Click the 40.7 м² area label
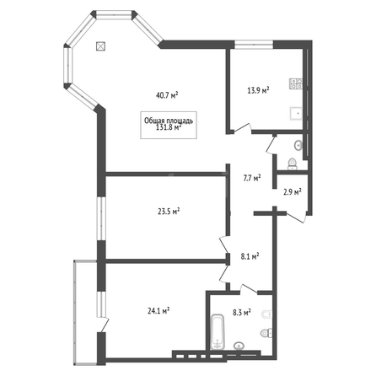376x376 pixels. pyautogui.click(x=168, y=95)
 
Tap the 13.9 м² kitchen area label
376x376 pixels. pyautogui.click(x=258, y=90)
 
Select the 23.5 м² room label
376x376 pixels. pyautogui.click(x=169, y=211)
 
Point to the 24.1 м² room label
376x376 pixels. pyautogui.click(x=158, y=310)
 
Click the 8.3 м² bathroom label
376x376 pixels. pyautogui.click(x=242, y=312)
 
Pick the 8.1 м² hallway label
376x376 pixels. pyautogui.click(x=250, y=256)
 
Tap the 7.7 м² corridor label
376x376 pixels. pyautogui.click(x=252, y=178)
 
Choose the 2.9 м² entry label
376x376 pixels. pyautogui.click(x=293, y=192)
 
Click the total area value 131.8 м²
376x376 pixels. pyautogui.click(x=169, y=127)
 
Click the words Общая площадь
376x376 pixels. pyautogui.click(x=169, y=121)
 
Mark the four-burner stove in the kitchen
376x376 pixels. pyautogui.click(x=296, y=83)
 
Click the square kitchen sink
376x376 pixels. pyautogui.click(x=296, y=114)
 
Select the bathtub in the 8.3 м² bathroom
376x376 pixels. pyautogui.click(x=218, y=331)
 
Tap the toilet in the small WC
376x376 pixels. pyautogui.click(x=293, y=164)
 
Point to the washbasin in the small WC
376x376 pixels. pyautogui.click(x=298, y=145)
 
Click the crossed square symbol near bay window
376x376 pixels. pyautogui.click(x=100, y=46)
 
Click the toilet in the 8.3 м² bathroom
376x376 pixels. pyautogui.click(x=266, y=333)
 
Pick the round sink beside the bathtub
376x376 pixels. pyautogui.click(x=239, y=346)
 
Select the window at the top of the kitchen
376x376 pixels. pyautogui.click(x=254, y=45)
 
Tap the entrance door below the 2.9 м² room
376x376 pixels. pyautogui.click(x=296, y=218)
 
